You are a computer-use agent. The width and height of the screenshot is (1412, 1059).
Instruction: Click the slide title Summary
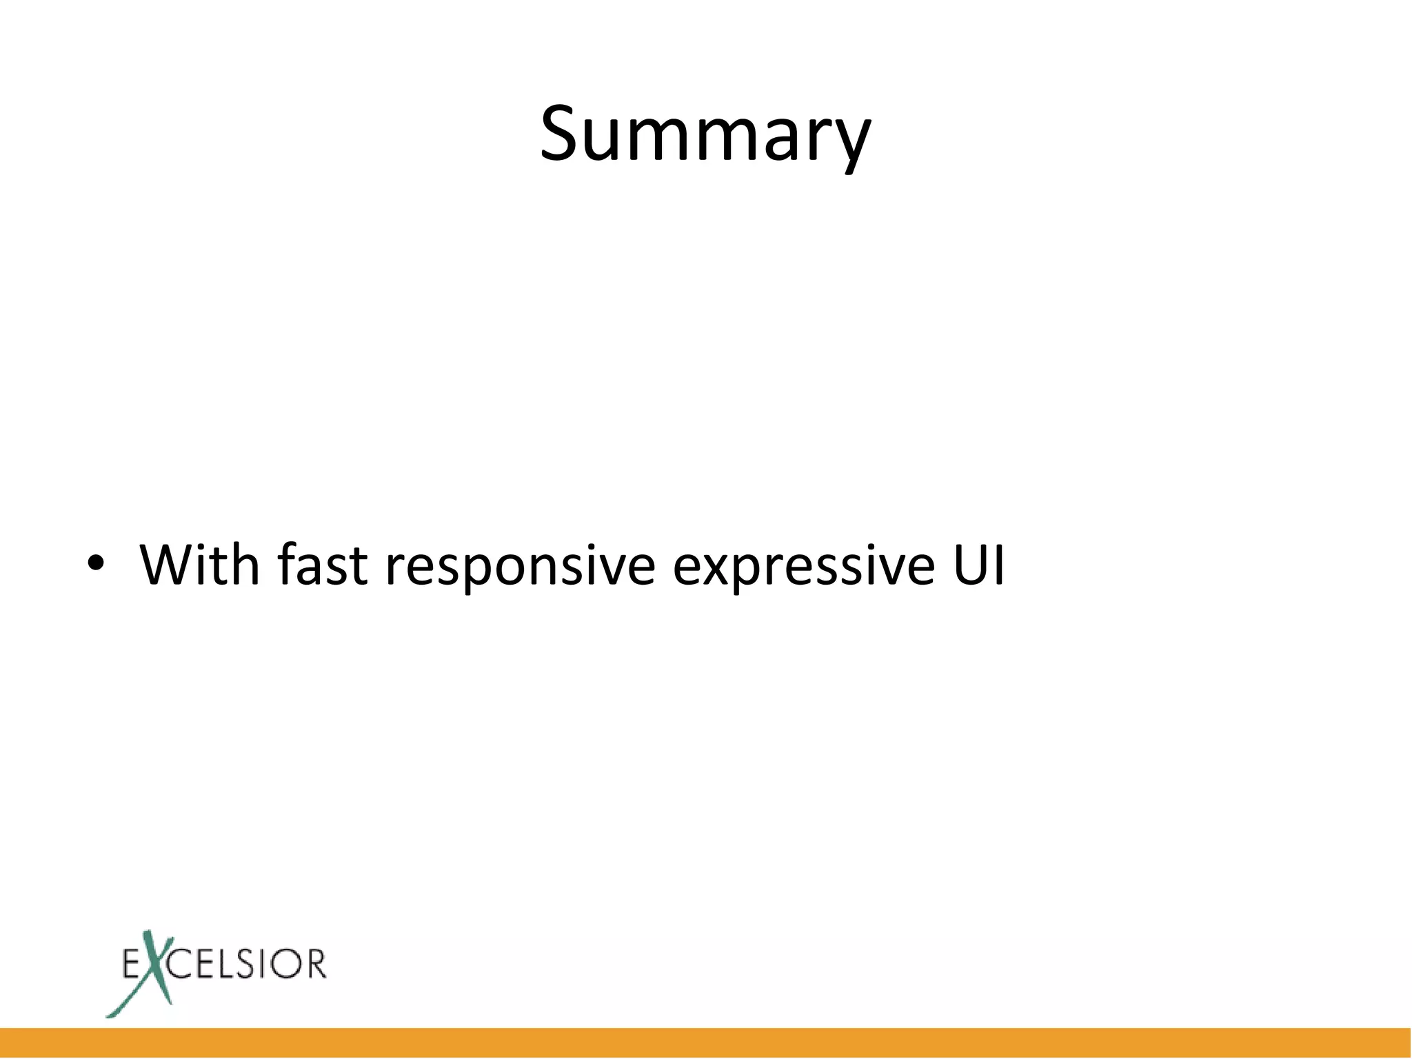pyautogui.click(x=705, y=134)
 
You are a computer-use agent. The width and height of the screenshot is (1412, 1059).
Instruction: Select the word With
pyautogui.click(x=200, y=565)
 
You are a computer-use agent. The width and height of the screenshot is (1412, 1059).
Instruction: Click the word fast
pyautogui.click(x=322, y=565)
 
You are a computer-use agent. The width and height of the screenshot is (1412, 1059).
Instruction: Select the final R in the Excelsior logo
pyautogui.click(x=314, y=964)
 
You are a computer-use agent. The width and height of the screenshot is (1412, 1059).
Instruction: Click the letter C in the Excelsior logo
pyautogui.click(x=182, y=964)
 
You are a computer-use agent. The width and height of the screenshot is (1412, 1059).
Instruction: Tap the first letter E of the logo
pyautogui.click(x=131, y=964)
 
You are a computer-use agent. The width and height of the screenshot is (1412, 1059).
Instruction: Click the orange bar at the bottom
pyautogui.click(x=706, y=1042)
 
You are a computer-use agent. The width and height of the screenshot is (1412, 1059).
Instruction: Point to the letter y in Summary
pyautogui.click(x=850, y=141)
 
